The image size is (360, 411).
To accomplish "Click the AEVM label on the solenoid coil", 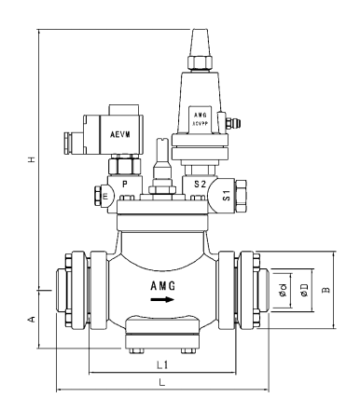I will pyautogui.click(x=121, y=134).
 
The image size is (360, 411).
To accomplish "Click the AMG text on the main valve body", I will pyautogui.click(x=162, y=285).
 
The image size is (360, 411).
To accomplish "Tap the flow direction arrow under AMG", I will pyautogui.click(x=162, y=300).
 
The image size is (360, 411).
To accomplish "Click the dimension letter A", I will pyautogui.click(x=32, y=320).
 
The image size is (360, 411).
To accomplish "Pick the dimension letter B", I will pyautogui.click(x=325, y=290).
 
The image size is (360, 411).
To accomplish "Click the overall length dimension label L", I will pyautogui.click(x=161, y=382).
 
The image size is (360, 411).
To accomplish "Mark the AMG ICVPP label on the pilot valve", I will pyautogui.click(x=201, y=116).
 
